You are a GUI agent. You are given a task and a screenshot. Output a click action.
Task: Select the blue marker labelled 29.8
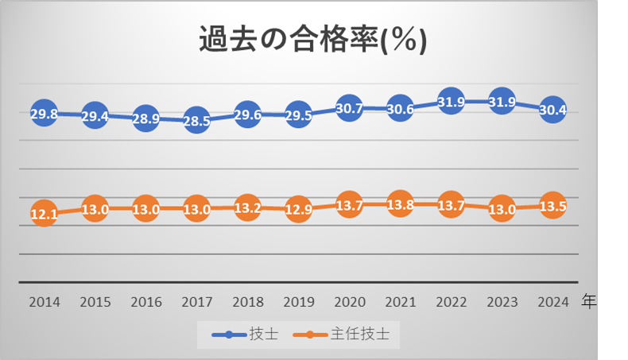click(x=44, y=114)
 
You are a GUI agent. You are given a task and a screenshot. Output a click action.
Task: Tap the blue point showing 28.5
click(x=196, y=121)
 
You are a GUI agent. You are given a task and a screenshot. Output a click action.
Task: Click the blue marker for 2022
click(x=451, y=103)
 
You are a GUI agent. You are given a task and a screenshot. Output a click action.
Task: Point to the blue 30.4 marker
click(x=552, y=110)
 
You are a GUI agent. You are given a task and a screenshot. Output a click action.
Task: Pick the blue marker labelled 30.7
click(x=349, y=109)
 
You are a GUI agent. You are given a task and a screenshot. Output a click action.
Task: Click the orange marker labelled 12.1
click(x=44, y=214)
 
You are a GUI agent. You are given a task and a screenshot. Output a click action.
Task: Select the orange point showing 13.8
click(x=400, y=204)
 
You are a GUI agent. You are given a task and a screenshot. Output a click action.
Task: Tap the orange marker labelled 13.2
click(x=247, y=207)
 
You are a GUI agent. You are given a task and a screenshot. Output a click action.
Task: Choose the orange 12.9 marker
click(x=298, y=209)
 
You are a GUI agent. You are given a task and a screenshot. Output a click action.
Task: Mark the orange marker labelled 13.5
click(x=552, y=206)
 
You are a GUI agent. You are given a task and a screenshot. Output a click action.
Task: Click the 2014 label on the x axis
click(x=44, y=302)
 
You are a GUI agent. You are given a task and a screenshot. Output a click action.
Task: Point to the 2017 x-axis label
click(x=196, y=302)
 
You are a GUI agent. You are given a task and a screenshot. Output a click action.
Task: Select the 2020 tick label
click(x=349, y=302)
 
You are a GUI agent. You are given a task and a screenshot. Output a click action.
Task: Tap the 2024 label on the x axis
click(x=552, y=302)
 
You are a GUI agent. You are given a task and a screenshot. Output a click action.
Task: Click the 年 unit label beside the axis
click(x=589, y=301)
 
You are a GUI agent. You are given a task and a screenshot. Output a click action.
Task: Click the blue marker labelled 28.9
click(x=145, y=118)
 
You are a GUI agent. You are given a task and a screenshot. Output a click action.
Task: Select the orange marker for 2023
click(x=502, y=209)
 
